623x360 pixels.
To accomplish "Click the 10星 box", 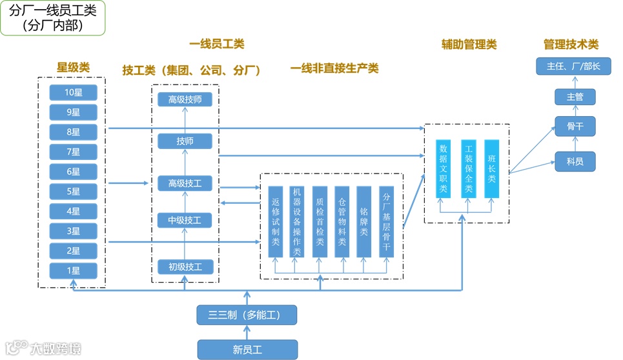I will [x=73, y=92].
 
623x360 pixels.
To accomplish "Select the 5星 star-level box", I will [x=73, y=192].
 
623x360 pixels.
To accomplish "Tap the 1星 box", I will [x=73, y=271].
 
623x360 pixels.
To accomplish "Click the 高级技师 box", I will [x=185, y=99].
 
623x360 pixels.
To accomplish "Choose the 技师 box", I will [x=185, y=141].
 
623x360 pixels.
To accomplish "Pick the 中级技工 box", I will [x=185, y=221].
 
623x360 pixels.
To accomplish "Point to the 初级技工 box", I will [x=185, y=266].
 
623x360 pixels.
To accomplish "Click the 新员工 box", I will [x=247, y=350].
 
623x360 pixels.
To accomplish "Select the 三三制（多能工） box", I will [x=247, y=315].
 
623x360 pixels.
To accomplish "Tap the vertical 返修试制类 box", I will [x=276, y=222].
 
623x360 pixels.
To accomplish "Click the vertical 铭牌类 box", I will [x=364, y=222].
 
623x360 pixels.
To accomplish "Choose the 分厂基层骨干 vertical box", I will [x=387, y=222].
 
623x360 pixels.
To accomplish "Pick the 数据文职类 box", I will [x=443, y=168].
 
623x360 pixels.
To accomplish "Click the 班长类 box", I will [x=492, y=168].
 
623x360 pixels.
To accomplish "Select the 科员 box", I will [x=575, y=161].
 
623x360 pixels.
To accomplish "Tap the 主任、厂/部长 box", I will [x=573, y=66].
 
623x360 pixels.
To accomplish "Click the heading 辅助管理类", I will [x=469, y=45].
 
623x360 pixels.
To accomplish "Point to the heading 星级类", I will [x=73, y=67].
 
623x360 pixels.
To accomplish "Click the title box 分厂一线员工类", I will [x=53, y=18].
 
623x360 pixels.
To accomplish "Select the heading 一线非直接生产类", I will [x=334, y=68].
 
